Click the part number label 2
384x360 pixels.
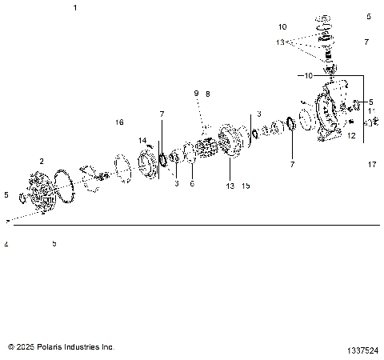(41, 161)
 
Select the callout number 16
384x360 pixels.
(119, 122)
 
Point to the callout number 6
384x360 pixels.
(192, 184)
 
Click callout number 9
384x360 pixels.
(194, 94)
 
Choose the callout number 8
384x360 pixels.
(207, 94)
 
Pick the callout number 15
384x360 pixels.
(246, 186)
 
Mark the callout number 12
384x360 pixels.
(350, 136)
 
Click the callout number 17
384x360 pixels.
(372, 165)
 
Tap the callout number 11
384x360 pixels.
(370, 111)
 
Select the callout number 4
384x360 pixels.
(6, 244)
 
